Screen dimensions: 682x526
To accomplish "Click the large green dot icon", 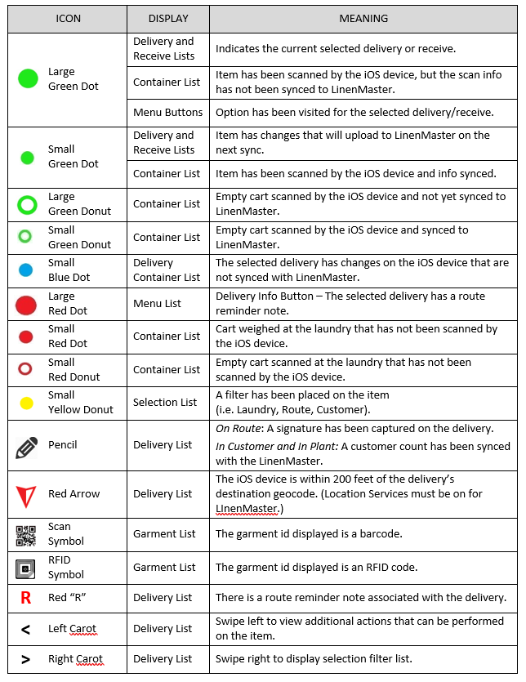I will tap(28, 78).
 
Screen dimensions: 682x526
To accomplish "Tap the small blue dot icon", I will tap(25, 270).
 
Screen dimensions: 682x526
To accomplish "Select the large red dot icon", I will tap(26, 305).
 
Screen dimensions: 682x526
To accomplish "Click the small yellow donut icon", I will tap(25, 402).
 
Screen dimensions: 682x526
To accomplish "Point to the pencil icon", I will tap(26, 446).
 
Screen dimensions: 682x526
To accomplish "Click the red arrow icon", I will tap(26, 495).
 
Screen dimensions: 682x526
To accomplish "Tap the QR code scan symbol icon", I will tap(26, 535).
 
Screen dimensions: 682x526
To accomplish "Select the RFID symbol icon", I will tap(26, 568).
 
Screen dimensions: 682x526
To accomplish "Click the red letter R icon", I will tap(26, 598).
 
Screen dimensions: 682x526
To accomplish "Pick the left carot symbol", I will tap(25, 629).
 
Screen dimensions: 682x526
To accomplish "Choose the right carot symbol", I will tap(25, 659).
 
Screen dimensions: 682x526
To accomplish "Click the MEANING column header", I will tap(363, 18).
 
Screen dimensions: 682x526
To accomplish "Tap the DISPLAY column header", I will tap(168, 18).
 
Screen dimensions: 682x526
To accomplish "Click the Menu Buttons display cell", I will tap(168, 112).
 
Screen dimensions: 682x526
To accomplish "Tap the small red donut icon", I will tap(25, 369).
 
